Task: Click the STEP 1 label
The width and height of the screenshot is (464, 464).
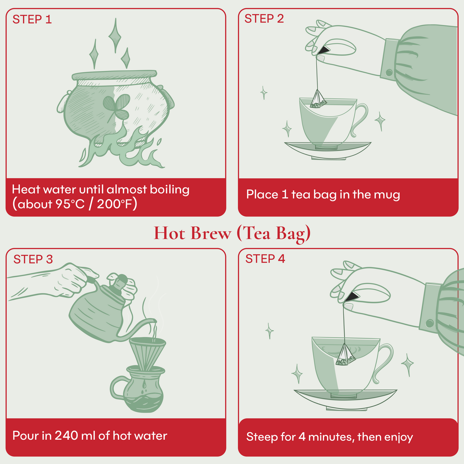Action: click(32, 19)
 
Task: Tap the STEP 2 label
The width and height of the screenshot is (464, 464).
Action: click(264, 19)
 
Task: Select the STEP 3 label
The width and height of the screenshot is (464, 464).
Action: click(33, 259)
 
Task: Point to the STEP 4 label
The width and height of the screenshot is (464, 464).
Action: click(265, 259)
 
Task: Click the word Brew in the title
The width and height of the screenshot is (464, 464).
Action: click(211, 233)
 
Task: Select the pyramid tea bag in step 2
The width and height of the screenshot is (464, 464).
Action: click(318, 99)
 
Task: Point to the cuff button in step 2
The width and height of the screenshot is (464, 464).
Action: click(389, 72)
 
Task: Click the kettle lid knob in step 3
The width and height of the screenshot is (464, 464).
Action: click(122, 278)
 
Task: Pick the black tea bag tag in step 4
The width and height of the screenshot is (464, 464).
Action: click(351, 297)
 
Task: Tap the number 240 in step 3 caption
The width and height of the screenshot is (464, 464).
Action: click(67, 435)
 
